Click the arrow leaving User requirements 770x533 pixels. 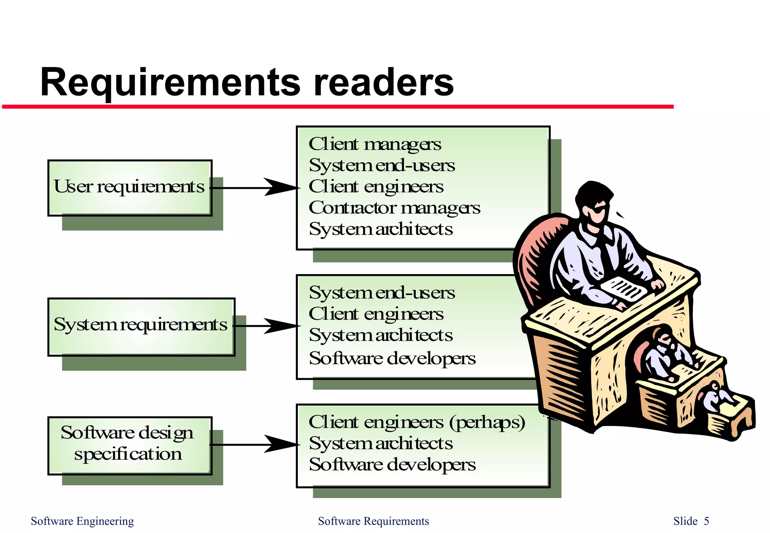[x=256, y=187]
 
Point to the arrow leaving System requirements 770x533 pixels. [x=267, y=326]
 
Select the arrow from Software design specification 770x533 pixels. [x=256, y=444]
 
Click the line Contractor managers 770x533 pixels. [x=394, y=208]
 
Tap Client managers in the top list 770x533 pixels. [x=375, y=144]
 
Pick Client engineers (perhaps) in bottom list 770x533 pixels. [x=417, y=422]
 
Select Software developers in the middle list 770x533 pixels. [x=392, y=358]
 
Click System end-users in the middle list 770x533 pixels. [x=382, y=293]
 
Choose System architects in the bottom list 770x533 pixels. [x=380, y=444]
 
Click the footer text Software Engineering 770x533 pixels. [x=82, y=521]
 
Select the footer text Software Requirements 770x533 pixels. [x=373, y=521]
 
